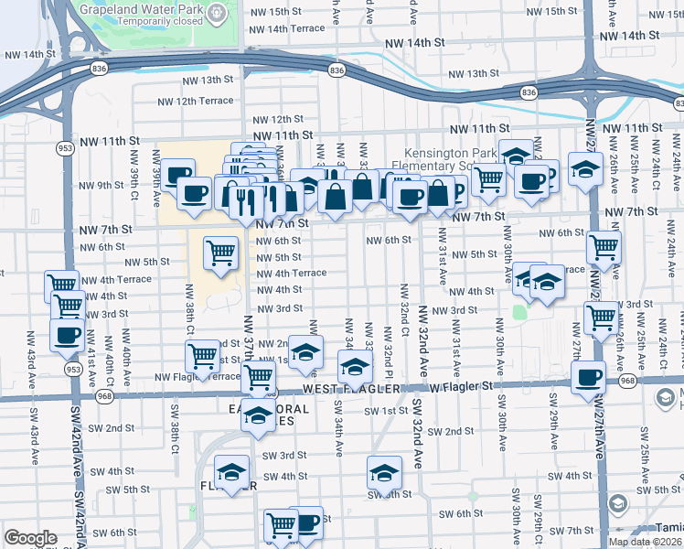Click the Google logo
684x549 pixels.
[30, 538]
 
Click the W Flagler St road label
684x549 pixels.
[461, 385]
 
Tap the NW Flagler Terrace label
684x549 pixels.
[197, 376]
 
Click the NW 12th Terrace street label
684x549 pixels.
[196, 101]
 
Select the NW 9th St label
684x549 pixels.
[102, 185]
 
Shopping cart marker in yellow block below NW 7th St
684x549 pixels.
[220, 252]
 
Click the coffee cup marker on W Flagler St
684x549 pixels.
[588, 376]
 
